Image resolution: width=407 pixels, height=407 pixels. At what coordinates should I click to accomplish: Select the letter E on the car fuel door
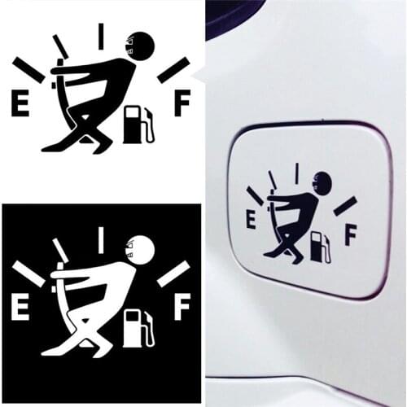(251, 218)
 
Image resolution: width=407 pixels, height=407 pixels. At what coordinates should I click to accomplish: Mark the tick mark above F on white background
(173, 70)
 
